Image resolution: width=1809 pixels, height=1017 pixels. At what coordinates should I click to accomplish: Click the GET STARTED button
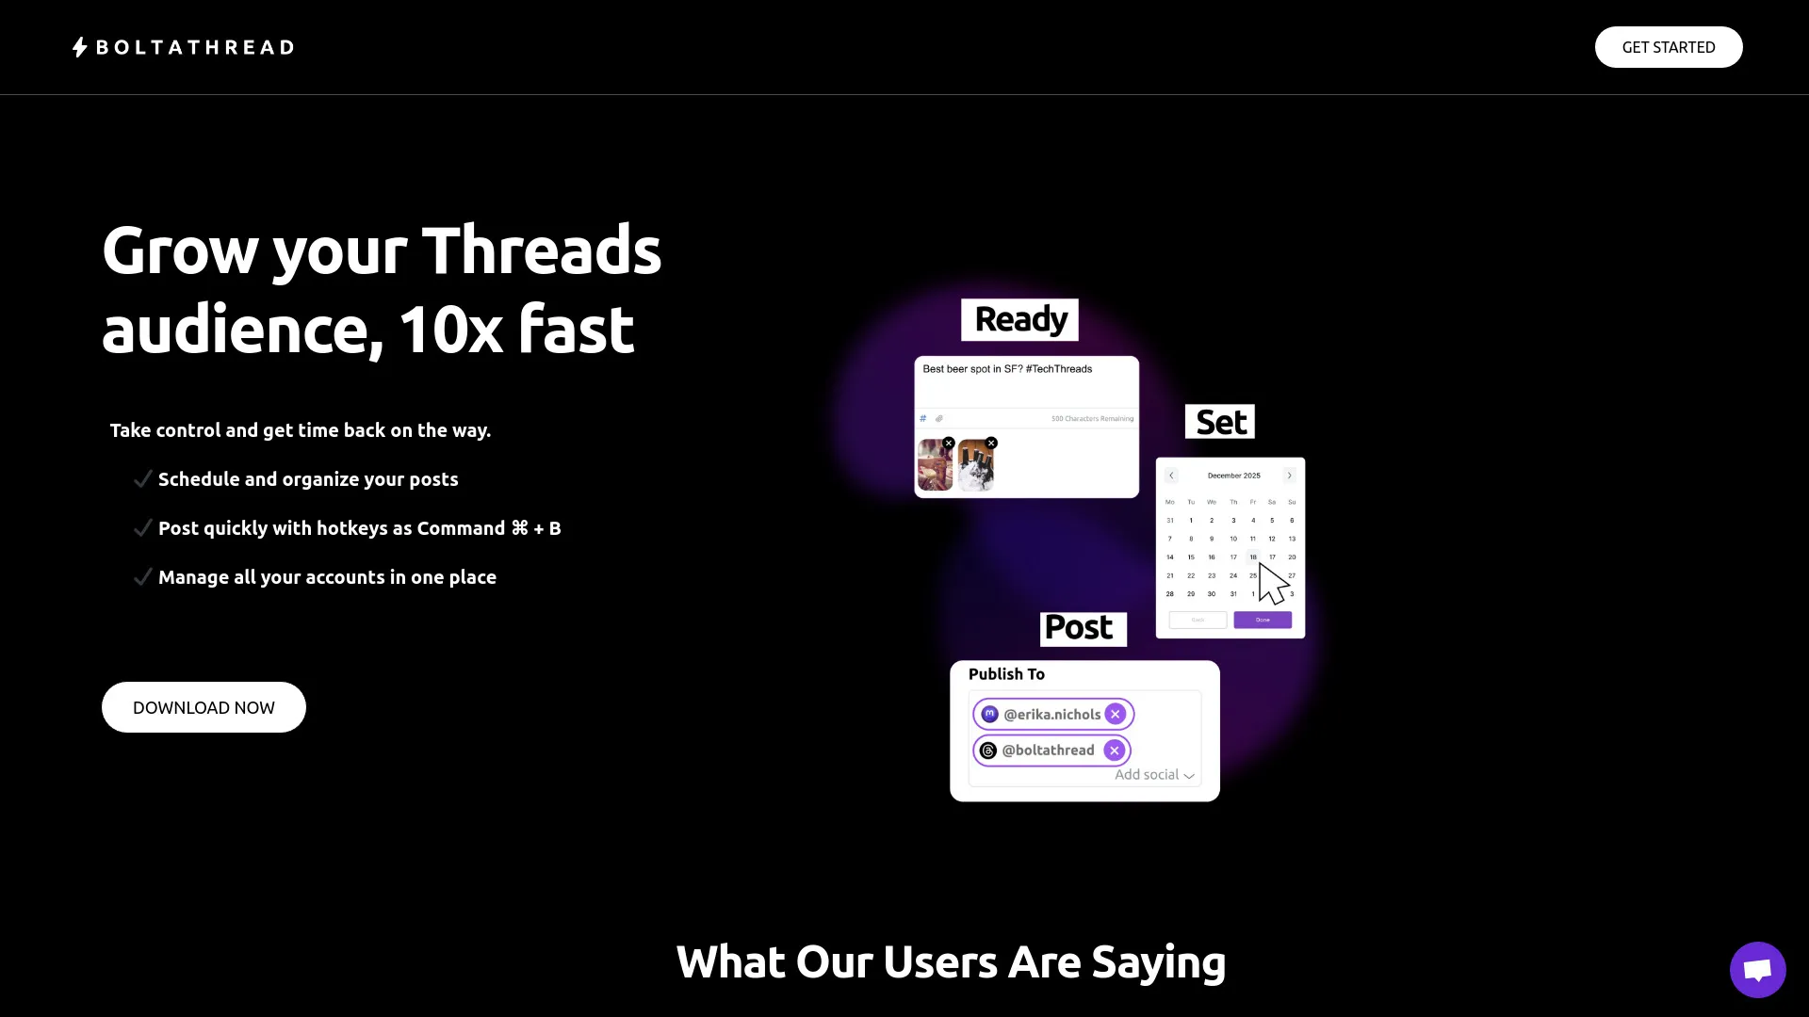(x=1668, y=47)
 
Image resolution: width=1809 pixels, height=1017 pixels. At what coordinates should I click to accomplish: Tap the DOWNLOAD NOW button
(x=204, y=707)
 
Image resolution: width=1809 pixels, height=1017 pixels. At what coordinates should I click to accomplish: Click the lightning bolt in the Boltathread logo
(x=80, y=47)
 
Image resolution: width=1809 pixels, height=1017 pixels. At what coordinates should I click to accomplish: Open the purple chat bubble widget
(x=1757, y=969)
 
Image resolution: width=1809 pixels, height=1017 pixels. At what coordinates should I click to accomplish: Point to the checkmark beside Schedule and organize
(x=142, y=479)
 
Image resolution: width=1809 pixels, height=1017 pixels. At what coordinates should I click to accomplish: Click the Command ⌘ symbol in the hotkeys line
(x=520, y=528)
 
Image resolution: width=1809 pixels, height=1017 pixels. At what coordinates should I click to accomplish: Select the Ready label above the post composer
(x=1019, y=320)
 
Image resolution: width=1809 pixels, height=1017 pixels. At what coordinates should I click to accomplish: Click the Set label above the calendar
(x=1220, y=422)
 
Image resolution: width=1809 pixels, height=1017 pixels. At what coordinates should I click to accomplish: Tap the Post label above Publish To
(x=1083, y=628)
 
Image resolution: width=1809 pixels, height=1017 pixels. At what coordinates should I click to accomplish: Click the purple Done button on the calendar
(x=1263, y=620)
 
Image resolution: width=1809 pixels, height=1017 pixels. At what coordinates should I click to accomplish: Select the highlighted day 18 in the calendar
(x=1253, y=557)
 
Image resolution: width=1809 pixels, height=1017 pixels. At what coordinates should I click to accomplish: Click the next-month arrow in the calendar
(x=1290, y=476)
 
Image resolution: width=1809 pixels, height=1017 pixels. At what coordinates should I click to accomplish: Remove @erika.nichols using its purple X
(x=1116, y=714)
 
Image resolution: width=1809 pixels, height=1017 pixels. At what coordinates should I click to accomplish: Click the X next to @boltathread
(x=1115, y=751)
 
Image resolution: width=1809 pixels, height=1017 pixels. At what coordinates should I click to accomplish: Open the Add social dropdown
(x=1154, y=775)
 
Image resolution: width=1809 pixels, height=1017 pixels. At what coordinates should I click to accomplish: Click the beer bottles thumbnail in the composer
(x=976, y=466)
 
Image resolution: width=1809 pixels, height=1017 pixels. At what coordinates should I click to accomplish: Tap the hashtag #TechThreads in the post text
(x=1059, y=369)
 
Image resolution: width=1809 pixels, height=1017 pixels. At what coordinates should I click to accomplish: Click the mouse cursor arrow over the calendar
(x=1272, y=583)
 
